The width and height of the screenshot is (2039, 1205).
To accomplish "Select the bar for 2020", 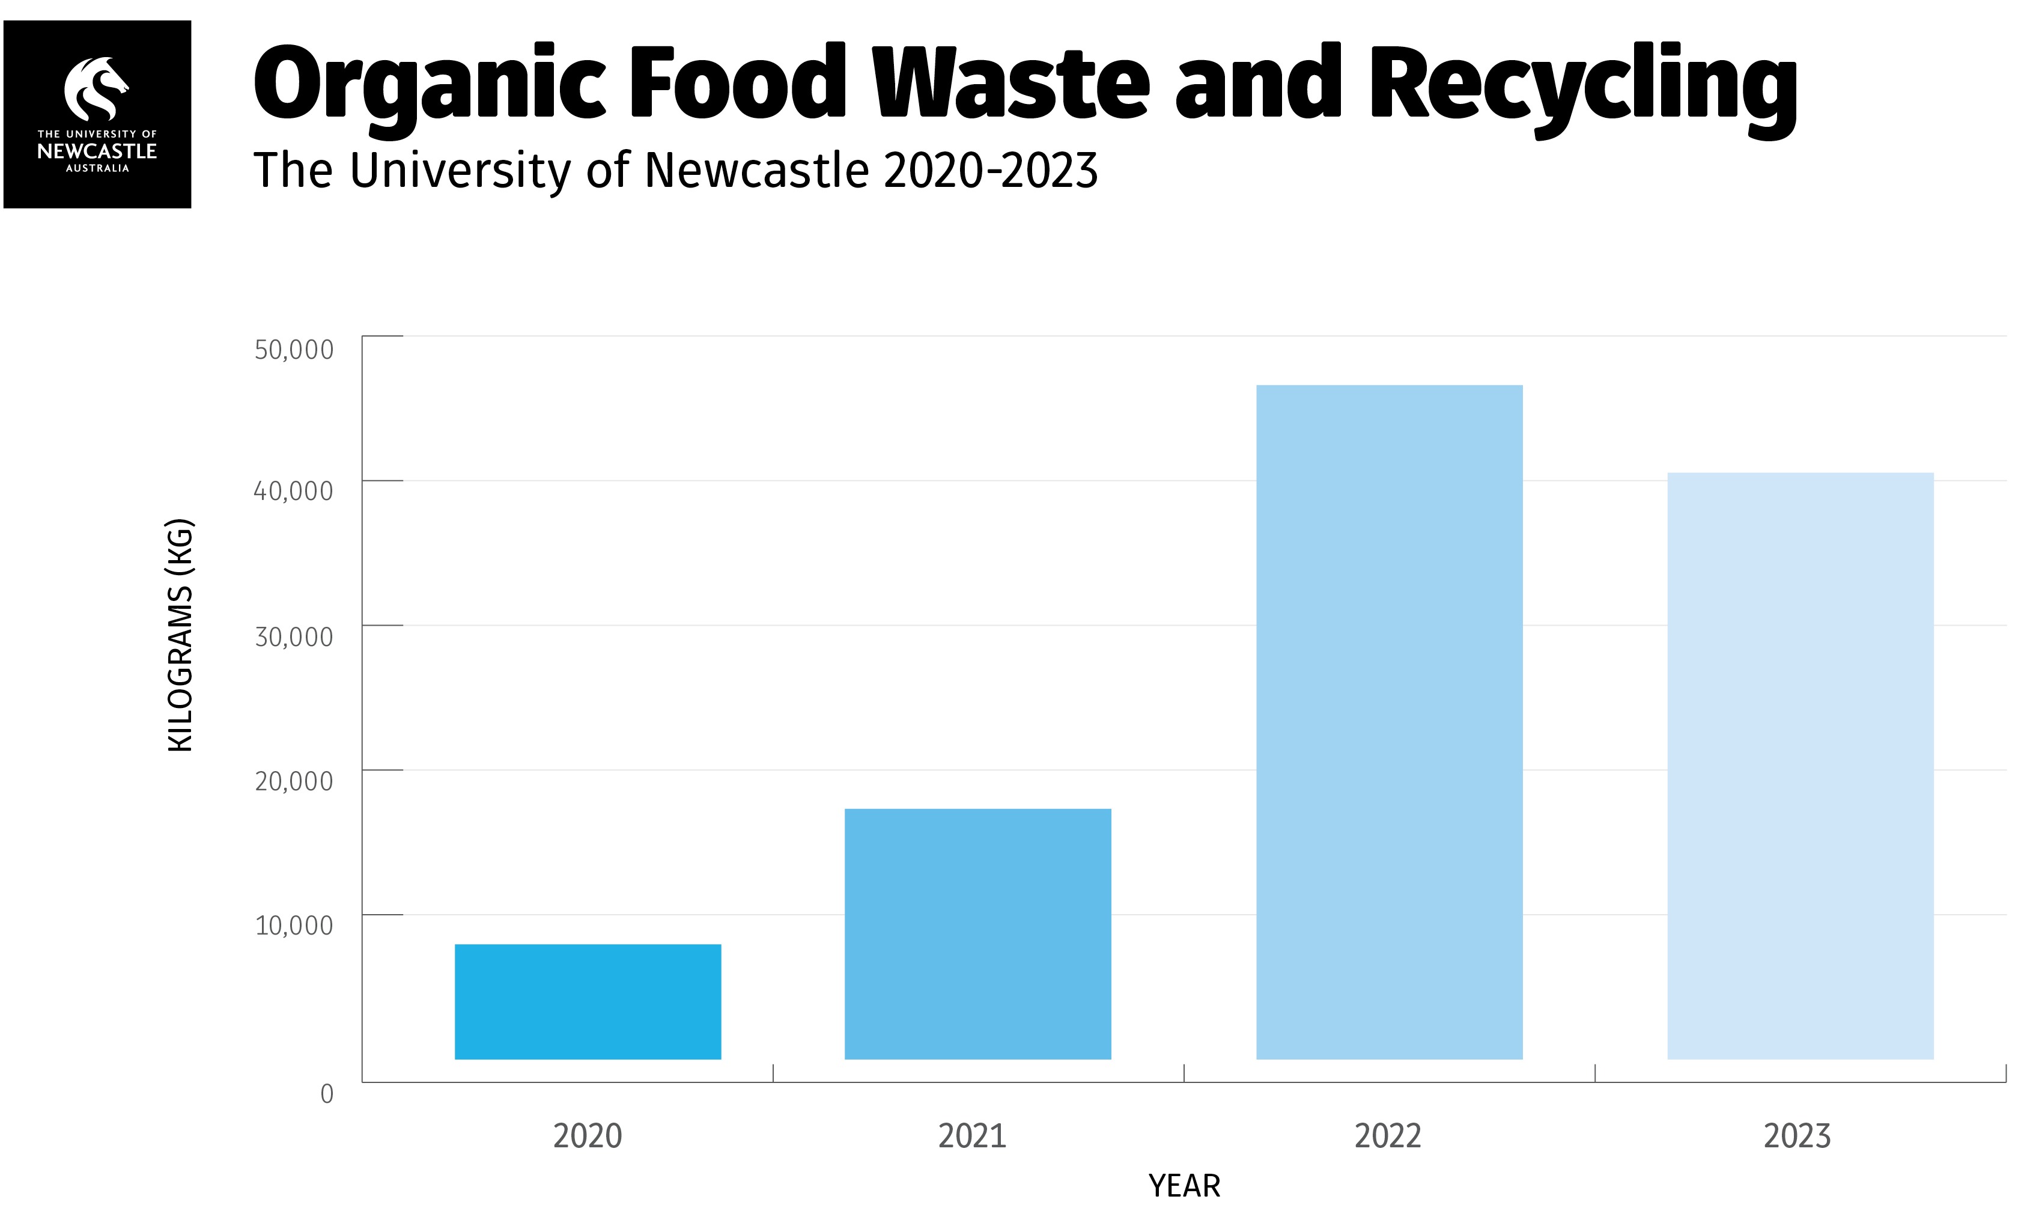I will click(588, 1001).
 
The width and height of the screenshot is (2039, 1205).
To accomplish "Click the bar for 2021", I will click(977, 934).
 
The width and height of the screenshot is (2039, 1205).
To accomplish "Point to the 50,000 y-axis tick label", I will click(294, 350).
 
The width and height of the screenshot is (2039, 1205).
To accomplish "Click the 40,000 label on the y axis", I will click(294, 491).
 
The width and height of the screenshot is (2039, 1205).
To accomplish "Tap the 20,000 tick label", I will click(294, 782).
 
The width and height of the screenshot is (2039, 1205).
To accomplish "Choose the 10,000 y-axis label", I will click(294, 926).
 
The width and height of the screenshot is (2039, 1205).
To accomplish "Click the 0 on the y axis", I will click(327, 1094).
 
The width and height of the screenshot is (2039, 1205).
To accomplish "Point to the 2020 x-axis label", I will click(588, 1136).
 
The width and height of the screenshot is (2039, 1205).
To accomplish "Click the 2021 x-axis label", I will click(973, 1136).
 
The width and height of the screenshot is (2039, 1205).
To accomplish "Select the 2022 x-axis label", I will click(1388, 1136).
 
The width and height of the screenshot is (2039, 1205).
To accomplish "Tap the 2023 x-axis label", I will click(1797, 1136).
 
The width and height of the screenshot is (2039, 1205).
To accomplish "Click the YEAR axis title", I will click(1184, 1186).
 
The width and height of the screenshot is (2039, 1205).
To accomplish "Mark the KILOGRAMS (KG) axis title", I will click(180, 635).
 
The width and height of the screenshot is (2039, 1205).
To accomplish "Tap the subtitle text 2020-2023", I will click(990, 171).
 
